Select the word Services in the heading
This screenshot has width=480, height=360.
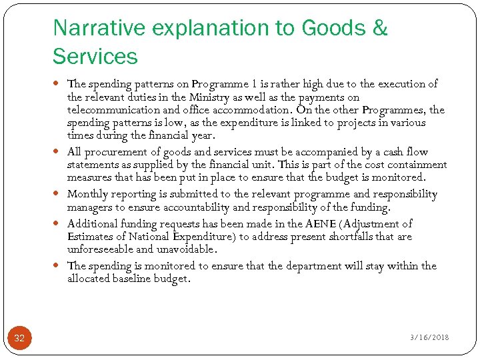coord(95,57)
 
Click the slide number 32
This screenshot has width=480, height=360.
coord(19,338)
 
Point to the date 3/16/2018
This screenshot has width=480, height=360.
coord(429,337)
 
